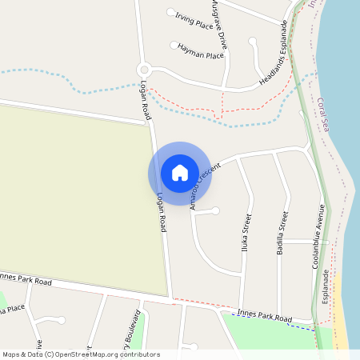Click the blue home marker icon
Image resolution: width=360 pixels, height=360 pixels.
[x=180, y=173]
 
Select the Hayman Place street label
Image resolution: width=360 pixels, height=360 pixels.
[x=201, y=52]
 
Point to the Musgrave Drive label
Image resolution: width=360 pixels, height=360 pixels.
[x=219, y=24]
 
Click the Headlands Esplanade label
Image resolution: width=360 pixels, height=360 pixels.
[x=273, y=54]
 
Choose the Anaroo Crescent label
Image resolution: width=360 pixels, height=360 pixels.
[x=206, y=186]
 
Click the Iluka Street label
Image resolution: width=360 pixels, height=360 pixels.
[x=247, y=233]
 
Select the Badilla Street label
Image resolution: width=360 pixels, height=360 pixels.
[x=282, y=233]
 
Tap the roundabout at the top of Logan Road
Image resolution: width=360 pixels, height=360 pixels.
[x=144, y=70]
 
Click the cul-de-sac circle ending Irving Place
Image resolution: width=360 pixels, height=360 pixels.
[x=170, y=12]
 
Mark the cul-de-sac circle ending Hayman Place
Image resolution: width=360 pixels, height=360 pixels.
[x=174, y=45]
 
